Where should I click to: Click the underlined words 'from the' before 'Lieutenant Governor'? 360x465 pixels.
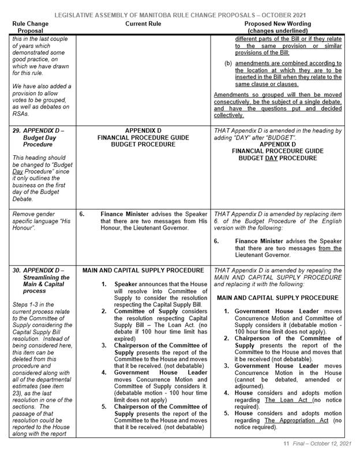point(329,248)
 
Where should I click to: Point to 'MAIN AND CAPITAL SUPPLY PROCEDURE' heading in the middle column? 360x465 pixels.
point(142,271)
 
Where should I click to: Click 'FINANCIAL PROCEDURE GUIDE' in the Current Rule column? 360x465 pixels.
point(142,139)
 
